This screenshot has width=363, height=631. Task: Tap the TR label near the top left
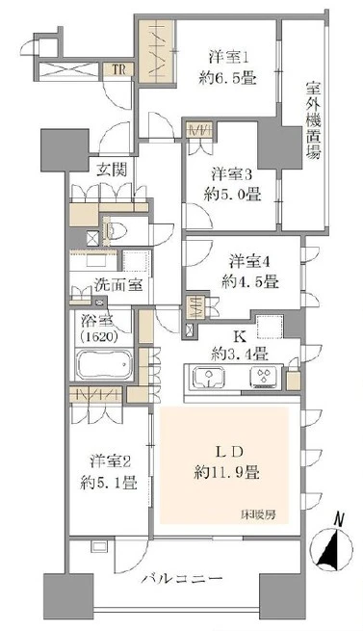tap(116, 67)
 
